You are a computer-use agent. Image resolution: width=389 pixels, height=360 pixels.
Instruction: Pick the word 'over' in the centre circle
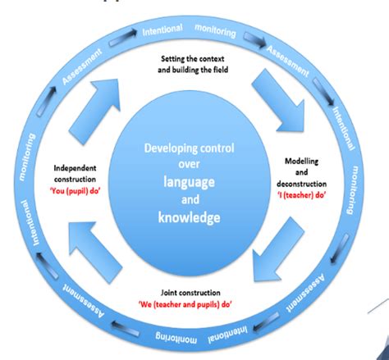[190, 164]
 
